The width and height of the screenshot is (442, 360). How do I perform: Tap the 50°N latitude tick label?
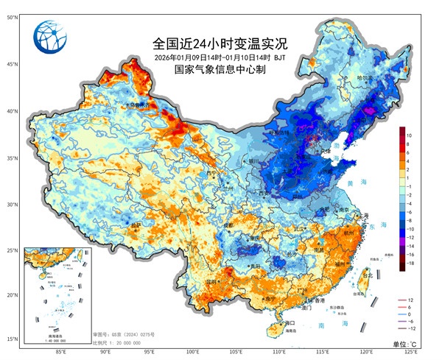point(13,15)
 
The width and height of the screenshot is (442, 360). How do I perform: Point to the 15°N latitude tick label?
point(13,339)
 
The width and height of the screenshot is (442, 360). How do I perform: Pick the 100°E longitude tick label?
point(193,350)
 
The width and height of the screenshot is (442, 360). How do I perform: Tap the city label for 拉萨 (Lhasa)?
point(136,224)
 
